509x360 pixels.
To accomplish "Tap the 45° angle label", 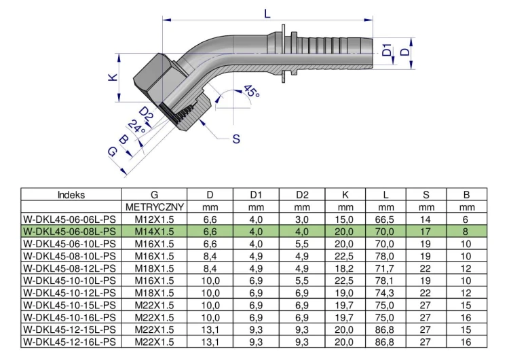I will tap(250, 93).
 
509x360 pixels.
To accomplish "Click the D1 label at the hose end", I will tap(386, 52).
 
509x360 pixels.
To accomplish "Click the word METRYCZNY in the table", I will tap(154, 206).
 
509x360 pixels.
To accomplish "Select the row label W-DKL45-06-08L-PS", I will tap(71, 231).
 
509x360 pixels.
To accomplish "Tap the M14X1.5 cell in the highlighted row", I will tap(154, 231).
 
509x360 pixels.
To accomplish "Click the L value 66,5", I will tap(385, 219).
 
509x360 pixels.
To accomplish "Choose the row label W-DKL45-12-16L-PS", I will tap(71, 341).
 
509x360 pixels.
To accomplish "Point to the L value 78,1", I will tap(385, 280).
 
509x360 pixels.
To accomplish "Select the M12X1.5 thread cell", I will tap(154, 219).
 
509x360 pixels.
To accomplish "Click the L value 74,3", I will tap(385, 292).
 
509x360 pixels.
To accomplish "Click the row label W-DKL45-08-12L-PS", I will tap(71, 268).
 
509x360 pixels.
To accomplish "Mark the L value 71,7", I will tap(385, 268).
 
